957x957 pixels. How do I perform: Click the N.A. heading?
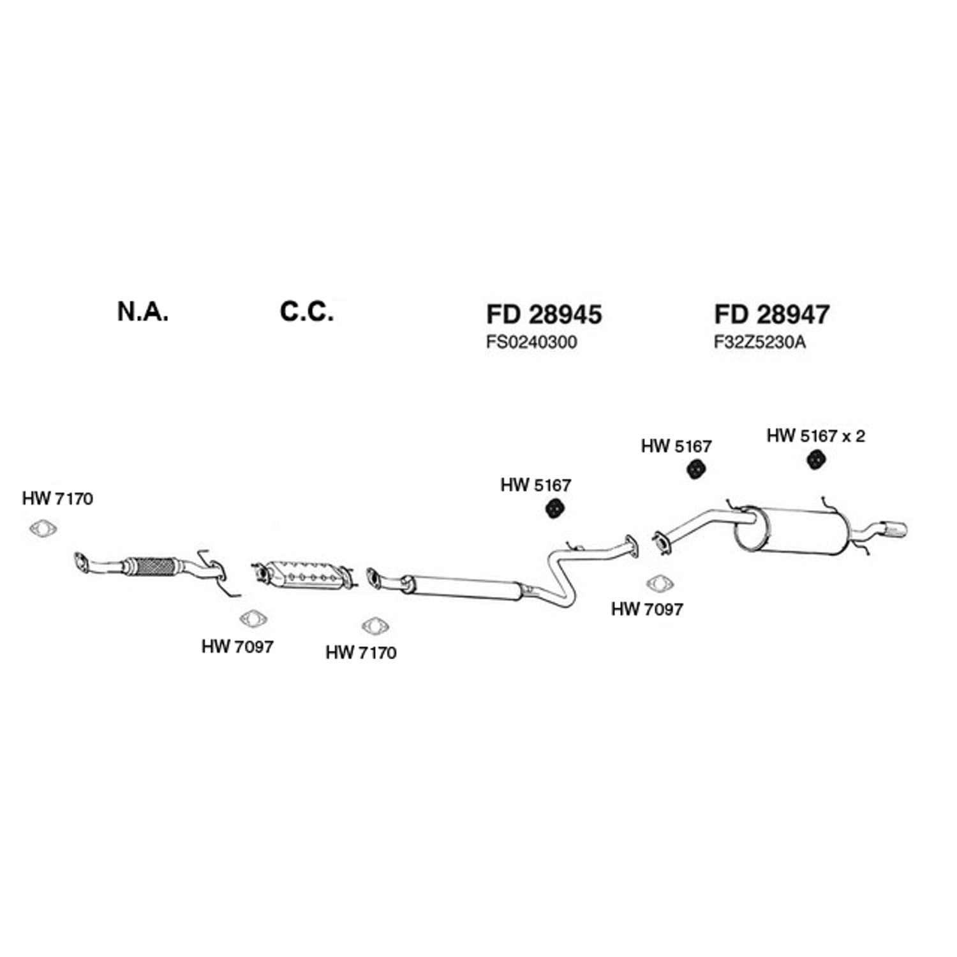[x=143, y=311]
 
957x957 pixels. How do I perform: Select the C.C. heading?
[x=307, y=311]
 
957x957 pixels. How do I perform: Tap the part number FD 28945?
[x=544, y=315]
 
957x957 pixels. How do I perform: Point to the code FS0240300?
[x=531, y=343]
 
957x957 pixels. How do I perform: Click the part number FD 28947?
[x=772, y=315]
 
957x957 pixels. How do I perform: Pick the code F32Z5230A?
[x=760, y=343]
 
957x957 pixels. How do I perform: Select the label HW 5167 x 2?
[x=816, y=436]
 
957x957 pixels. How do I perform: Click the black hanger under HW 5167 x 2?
[x=814, y=459]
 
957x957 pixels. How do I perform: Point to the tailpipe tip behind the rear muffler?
[x=893, y=529]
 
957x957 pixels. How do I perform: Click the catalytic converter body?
[x=304, y=575]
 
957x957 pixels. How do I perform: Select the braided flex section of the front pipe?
[x=150, y=567]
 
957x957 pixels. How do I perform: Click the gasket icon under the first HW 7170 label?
[x=43, y=529]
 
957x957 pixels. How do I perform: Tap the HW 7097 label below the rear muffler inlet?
[x=647, y=609]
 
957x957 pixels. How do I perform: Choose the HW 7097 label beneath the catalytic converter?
[x=237, y=647]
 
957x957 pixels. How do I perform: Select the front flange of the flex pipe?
[x=82, y=563]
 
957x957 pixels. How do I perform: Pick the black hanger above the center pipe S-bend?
[x=557, y=508]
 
